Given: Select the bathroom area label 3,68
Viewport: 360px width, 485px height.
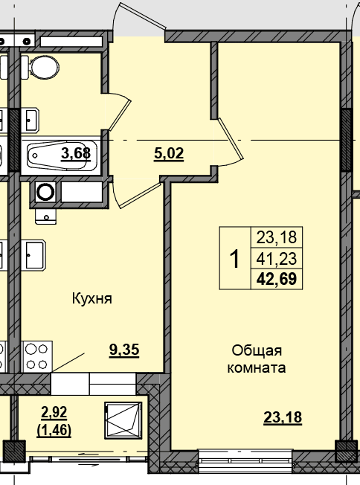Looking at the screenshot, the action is (x=76, y=154).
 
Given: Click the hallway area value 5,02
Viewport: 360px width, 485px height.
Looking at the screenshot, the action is (x=169, y=154).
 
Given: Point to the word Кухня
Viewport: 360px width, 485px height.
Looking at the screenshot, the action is (x=91, y=299).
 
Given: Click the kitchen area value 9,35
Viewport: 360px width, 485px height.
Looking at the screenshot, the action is (x=124, y=350).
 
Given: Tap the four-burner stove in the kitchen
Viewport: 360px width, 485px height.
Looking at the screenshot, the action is (x=36, y=356).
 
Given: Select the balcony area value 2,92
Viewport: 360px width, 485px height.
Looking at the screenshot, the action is (x=54, y=412).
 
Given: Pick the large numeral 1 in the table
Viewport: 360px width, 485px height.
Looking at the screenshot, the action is (x=235, y=259).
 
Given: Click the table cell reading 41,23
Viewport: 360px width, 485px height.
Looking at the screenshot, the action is (x=277, y=259).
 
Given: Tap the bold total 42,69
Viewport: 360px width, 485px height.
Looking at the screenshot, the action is (x=277, y=279).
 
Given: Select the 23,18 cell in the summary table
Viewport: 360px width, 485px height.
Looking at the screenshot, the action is (x=277, y=237).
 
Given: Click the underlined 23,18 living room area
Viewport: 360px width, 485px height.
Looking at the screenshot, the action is (x=283, y=417).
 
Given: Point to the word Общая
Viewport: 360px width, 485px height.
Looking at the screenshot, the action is (x=257, y=351).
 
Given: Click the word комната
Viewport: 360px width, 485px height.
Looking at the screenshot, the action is (x=257, y=368).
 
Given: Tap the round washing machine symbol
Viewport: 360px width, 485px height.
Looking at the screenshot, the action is (x=45, y=192).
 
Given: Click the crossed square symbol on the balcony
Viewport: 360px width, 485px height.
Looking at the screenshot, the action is (x=123, y=420).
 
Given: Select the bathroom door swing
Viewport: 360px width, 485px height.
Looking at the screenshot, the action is (x=120, y=111).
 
